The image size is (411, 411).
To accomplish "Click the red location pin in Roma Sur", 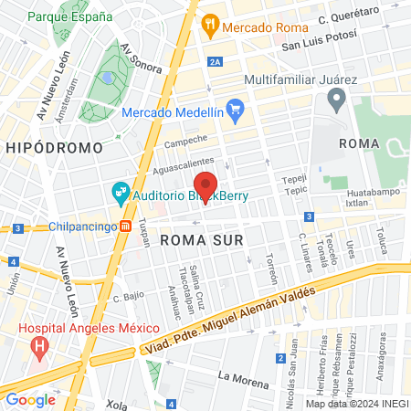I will [205, 186].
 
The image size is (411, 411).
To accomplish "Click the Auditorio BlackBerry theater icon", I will [119, 194].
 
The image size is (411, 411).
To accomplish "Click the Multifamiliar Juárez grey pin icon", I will [336, 100].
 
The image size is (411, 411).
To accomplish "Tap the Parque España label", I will [70, 16].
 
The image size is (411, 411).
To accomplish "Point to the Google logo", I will [30, 399].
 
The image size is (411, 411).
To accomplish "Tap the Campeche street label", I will [186, 142].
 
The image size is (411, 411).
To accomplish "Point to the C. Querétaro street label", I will [352, 16].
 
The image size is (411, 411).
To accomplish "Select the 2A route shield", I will [216, 61].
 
